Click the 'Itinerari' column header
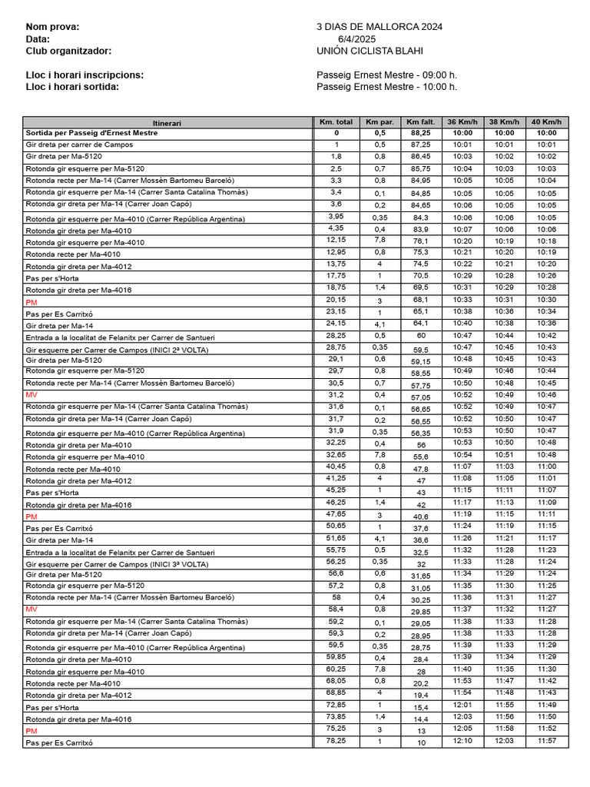167,122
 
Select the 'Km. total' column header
336,121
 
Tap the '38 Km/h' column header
504,121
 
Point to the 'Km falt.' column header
420,121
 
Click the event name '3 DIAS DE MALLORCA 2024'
379,27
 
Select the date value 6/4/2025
356,39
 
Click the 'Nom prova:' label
52,27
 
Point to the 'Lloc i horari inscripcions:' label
85,75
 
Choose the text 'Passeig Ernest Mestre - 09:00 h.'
386,75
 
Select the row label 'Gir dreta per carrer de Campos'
79,144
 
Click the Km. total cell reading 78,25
336,742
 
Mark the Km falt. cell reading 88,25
420,133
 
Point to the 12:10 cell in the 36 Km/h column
462,742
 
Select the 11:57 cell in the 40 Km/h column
546,742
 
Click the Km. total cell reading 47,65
336,514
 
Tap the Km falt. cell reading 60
421,336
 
